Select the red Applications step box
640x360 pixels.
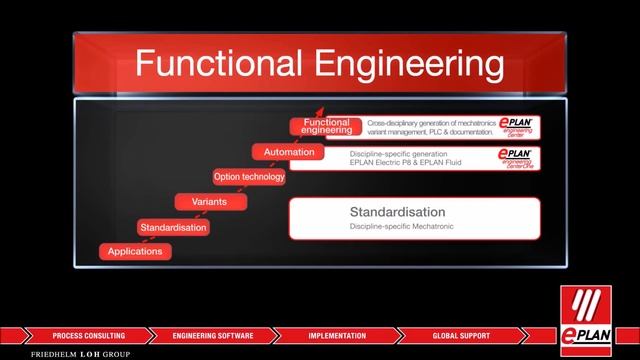(135, 251)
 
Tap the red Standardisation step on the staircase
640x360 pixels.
(174, 227)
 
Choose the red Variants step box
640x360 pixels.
(211, 202)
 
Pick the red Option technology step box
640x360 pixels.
(249, 177)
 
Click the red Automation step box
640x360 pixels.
(289, 152)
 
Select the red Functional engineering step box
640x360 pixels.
(326, 126)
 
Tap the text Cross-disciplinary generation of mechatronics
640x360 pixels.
(430, 122)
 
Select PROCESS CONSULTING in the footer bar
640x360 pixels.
(89, 335)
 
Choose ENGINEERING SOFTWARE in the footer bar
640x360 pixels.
(213, 335)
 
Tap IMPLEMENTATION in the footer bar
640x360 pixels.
(337, 335)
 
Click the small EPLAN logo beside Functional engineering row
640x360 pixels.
(517, 126)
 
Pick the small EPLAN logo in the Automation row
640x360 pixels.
(517, 158)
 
